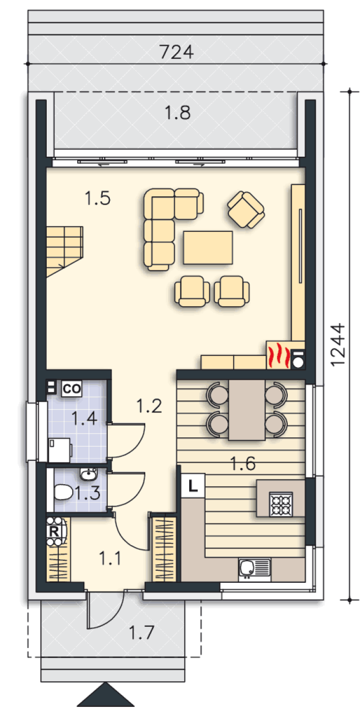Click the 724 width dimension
click(176, 52)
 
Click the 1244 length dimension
click(337, 344)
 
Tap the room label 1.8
click(177, 113)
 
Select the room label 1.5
click(97, 198)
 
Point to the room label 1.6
click(243, 463)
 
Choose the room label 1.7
click(141, 632)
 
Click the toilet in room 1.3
click(64, 492)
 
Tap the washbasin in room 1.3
click(88, 474)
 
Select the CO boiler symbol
click(72, 389)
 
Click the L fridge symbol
click(193, 485)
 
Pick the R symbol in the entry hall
click(54, 531)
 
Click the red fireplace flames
click(278, 355)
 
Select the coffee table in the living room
click(208, 248)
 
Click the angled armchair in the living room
click(246, 209)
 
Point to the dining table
click(247, 410)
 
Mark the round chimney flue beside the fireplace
click(298, 362)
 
